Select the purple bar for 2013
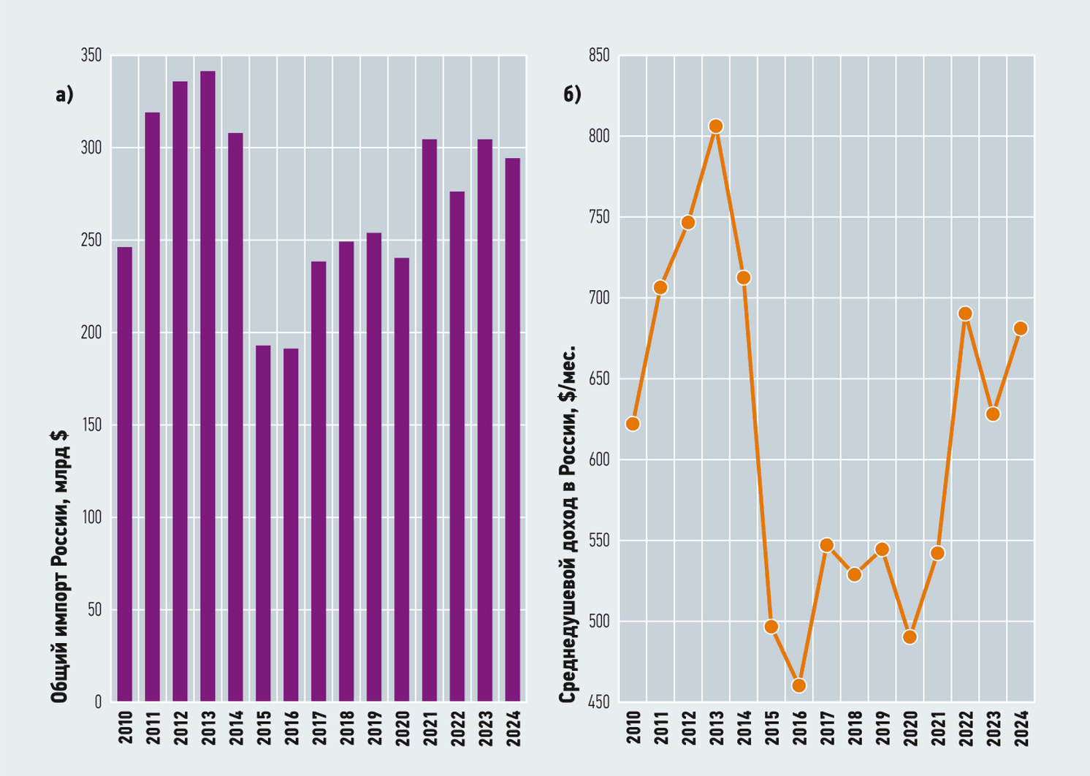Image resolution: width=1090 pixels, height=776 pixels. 207,387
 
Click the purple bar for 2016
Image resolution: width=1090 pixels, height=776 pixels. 291,525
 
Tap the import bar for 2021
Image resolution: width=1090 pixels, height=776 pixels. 430,421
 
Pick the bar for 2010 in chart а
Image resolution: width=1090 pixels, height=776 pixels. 125,475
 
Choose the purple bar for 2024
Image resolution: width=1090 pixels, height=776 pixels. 513,430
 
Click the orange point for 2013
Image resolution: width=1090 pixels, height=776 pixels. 716,126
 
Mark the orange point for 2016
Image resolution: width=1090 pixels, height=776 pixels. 799,685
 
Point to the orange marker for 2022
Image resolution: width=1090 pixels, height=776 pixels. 965,313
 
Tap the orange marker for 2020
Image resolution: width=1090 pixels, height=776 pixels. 910,636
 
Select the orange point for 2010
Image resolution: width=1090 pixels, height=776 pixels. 633,424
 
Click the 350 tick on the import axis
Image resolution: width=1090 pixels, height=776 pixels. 91,56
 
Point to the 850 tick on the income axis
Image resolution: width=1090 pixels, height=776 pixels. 599,56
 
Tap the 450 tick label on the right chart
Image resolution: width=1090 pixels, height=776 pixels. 599,702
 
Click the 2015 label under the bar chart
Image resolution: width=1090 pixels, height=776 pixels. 264,728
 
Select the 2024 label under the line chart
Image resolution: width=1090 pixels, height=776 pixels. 1021,728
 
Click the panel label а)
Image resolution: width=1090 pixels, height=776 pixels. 64,94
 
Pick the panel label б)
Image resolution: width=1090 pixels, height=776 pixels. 572,94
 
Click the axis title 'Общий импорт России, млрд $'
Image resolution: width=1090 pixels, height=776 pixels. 59,567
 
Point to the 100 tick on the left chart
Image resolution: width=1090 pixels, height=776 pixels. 92,517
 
